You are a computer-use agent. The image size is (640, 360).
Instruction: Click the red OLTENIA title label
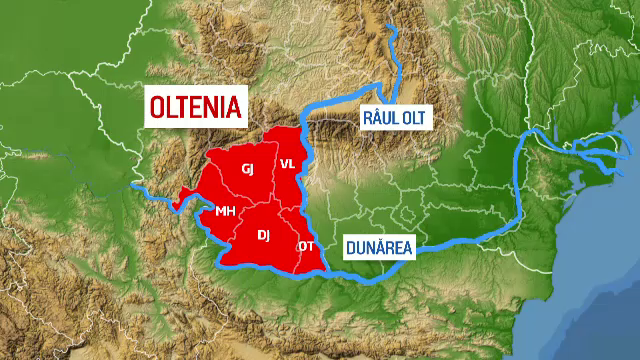(196, 106)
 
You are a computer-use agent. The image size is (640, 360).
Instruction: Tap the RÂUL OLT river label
(393, 119)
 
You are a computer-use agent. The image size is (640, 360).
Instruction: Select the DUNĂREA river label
(379, 247)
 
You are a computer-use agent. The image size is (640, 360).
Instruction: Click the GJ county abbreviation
(248, 169)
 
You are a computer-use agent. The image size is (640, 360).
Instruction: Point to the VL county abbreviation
(287, 163)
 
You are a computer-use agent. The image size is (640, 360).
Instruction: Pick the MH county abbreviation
(225, 211)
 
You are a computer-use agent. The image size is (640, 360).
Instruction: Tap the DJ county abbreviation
(264, 235)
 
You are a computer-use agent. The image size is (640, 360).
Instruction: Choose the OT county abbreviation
(305, 246)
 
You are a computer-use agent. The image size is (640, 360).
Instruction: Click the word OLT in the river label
(413, 119)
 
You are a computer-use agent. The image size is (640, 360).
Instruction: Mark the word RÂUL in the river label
(379, 119)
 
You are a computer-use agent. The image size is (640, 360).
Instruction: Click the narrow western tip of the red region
(177, 200)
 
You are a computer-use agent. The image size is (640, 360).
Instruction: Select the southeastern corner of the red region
(325, 270)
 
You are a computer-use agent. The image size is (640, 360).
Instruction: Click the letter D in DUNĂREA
(351, 247)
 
